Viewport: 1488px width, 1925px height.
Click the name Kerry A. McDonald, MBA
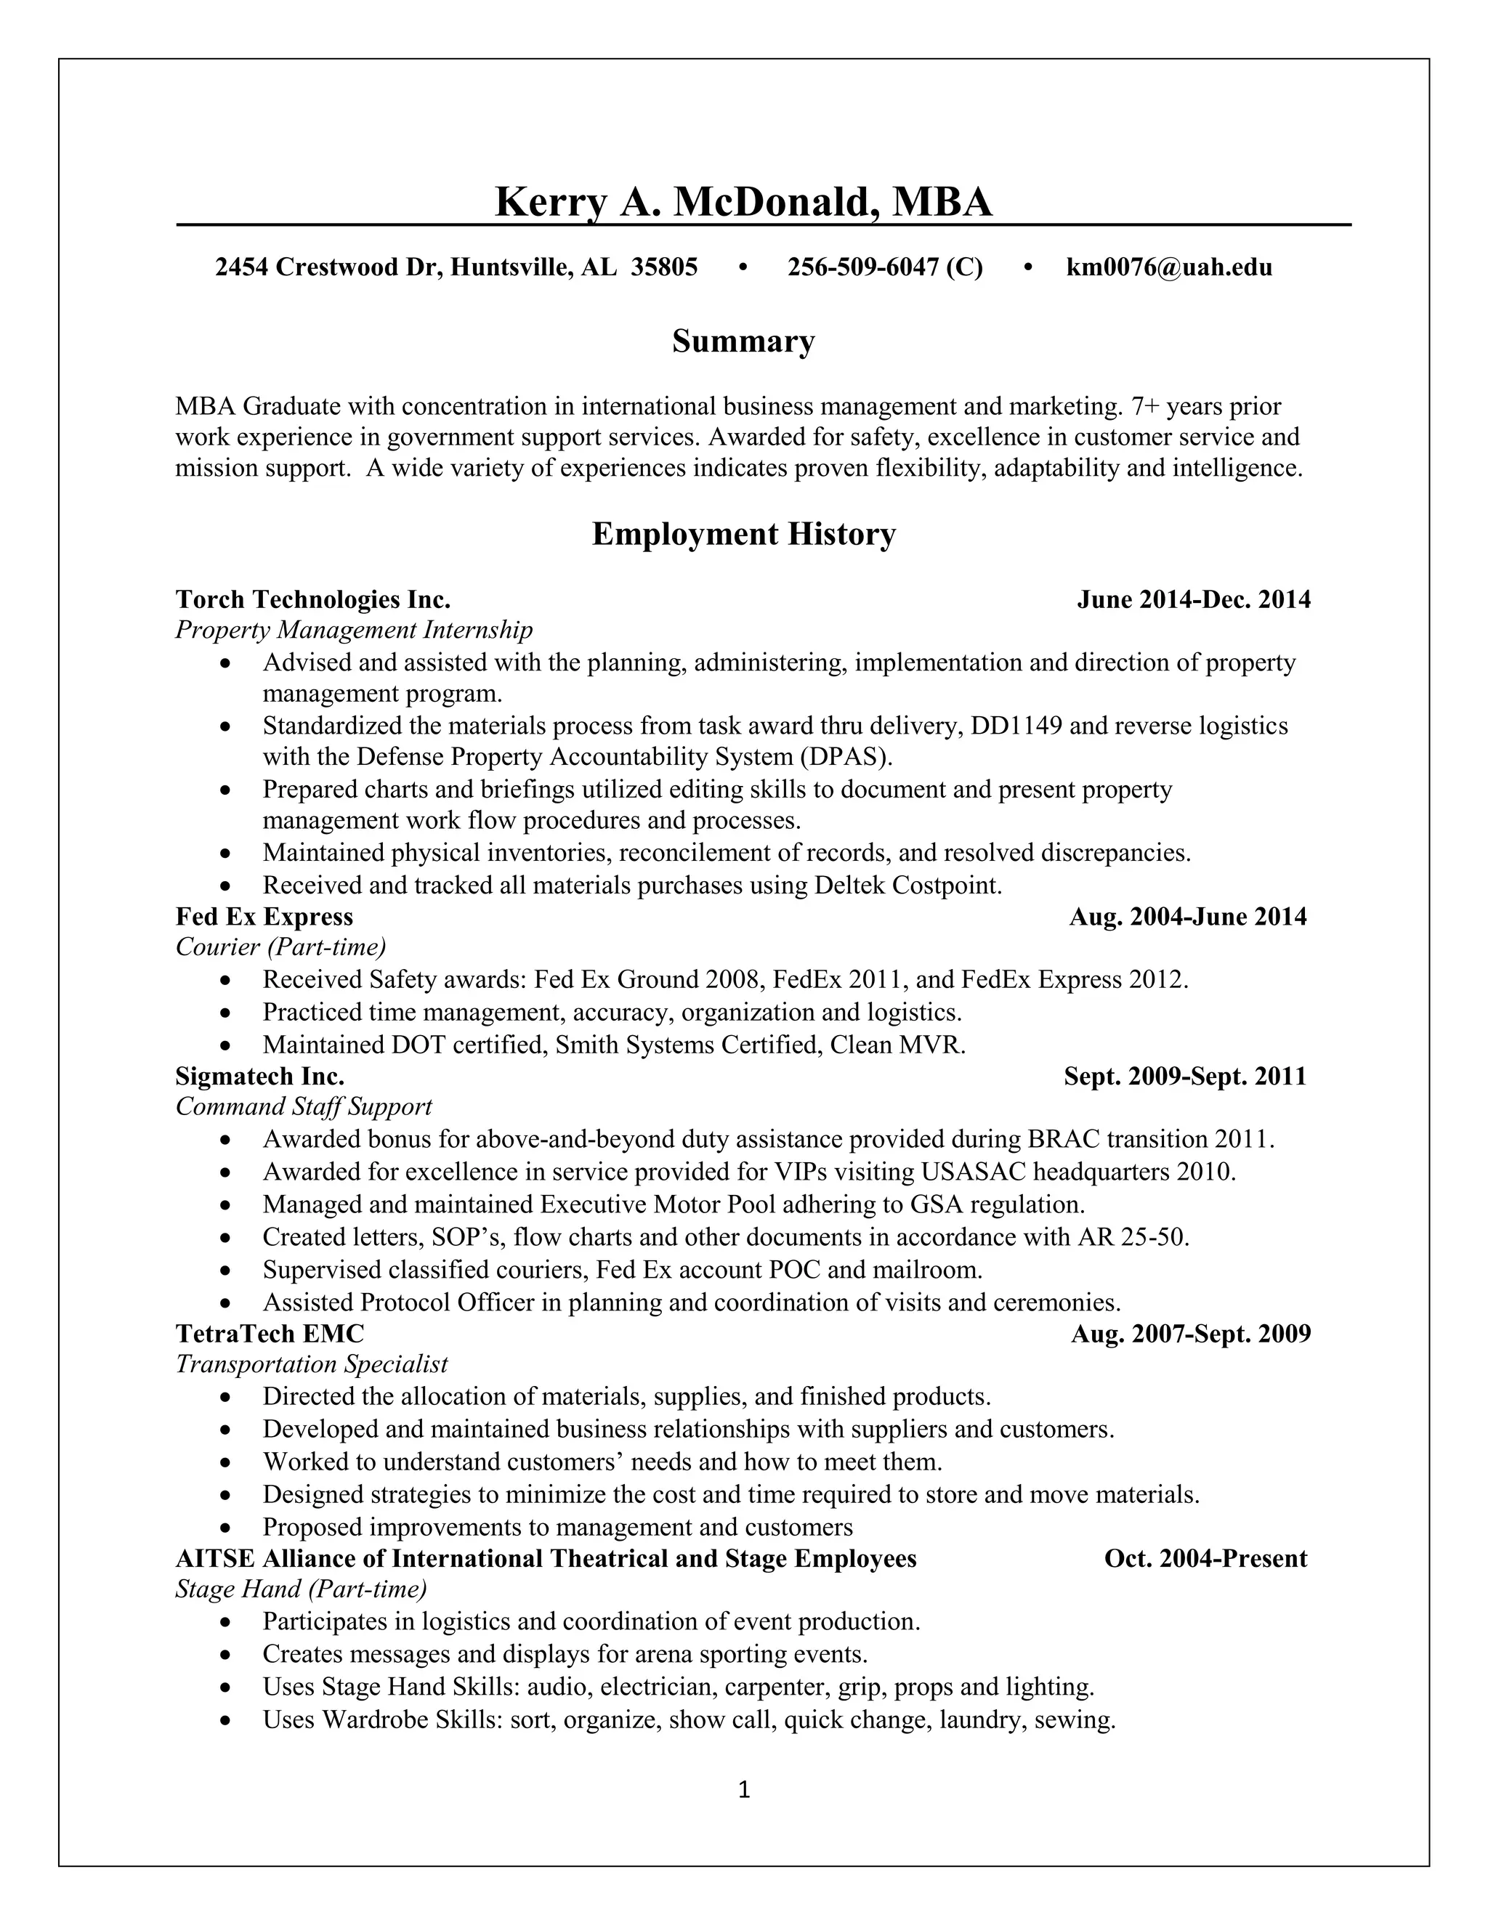tap(743, 202)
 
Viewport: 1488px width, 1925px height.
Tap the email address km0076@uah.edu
tap(1169, 267)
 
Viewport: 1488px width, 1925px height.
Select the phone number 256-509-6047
tap(863, 267)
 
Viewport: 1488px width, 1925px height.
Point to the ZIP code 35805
tap(665, 267)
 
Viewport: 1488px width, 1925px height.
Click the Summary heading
tap(743, 341)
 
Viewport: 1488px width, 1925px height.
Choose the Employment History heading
tap(743, 534)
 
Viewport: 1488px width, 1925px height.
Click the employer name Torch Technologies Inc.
tap(313, 599)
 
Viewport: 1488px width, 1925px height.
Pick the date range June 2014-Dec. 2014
tap(1194, 599)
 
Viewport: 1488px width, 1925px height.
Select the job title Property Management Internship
tap(355, 631)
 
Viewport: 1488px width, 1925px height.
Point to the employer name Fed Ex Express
tap(264, 917)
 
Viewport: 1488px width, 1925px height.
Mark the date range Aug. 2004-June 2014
tap(1187, 917)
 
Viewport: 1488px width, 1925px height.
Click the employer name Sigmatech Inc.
tap(260, 1077)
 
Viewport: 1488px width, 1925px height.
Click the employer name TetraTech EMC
tap(270, 1334)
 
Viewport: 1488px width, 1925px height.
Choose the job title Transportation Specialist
tap(312, 1364)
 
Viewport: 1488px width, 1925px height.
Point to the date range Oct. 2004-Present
tap(1205, 1558)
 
